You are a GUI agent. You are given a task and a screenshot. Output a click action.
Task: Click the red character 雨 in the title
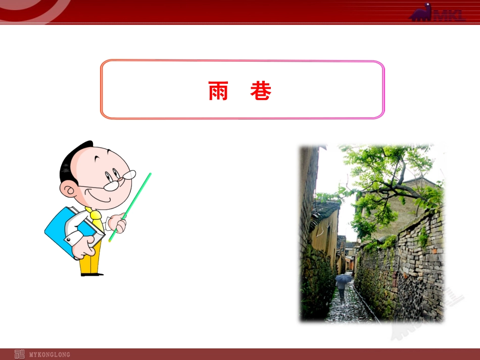(x=218, y=91)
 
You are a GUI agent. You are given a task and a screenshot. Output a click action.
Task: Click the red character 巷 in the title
(x=261, y=91)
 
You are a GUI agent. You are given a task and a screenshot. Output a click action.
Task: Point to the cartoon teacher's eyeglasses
(x=120, y=180)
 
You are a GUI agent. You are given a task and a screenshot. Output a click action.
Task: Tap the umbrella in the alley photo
(x=344, y=278)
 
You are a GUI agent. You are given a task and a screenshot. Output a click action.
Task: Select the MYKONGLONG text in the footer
(x=50, y=354)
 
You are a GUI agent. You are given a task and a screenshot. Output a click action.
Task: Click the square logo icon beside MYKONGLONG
(x=20, y=354)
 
